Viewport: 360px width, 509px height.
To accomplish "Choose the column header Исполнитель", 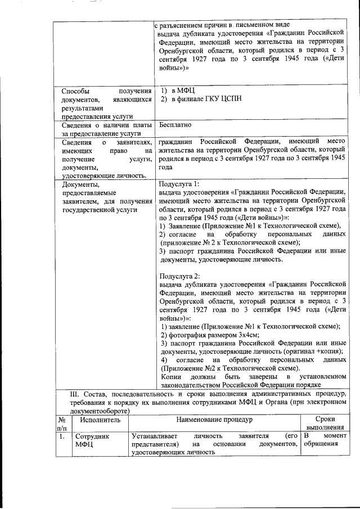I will (100, 420).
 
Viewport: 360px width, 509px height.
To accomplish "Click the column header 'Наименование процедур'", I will (214, 420).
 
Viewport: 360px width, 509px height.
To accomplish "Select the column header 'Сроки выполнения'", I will (325, 424).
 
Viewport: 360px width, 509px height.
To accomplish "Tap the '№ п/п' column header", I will (62, 424).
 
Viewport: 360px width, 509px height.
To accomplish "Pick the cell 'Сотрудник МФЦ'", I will (92, 440).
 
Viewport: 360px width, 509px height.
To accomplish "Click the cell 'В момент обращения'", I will (325, 440).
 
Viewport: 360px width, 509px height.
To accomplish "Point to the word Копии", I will (171, 376).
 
